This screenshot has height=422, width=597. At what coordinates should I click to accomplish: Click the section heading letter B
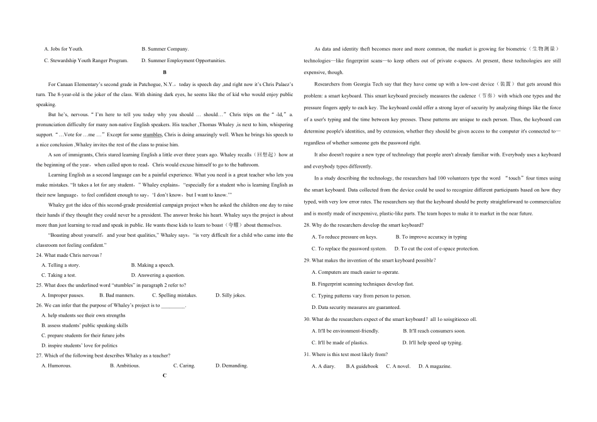tap(164, 72)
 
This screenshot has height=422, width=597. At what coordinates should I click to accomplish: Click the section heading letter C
tap(164, 376)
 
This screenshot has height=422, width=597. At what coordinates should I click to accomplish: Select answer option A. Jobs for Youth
tap(63, 48)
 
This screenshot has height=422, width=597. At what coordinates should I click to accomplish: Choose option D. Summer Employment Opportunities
tap(183, 60)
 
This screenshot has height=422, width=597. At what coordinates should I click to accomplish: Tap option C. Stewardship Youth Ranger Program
tap(85, 60)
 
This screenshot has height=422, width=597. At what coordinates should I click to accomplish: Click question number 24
tap(40, 255)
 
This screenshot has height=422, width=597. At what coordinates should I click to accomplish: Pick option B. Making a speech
tap(153, 265)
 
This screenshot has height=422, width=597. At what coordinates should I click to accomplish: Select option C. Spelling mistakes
tap(174, 295)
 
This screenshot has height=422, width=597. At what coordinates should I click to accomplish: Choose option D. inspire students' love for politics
tap(79, 345)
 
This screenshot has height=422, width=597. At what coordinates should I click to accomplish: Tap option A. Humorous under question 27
tap(57, 365)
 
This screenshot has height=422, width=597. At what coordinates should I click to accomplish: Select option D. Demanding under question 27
tap(231, 365)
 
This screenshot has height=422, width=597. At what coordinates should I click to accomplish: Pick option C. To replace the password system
tap(349, 249)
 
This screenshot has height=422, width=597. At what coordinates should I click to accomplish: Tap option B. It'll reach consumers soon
tap(434, 331)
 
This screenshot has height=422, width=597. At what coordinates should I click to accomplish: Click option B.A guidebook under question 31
tap(362, 366)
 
